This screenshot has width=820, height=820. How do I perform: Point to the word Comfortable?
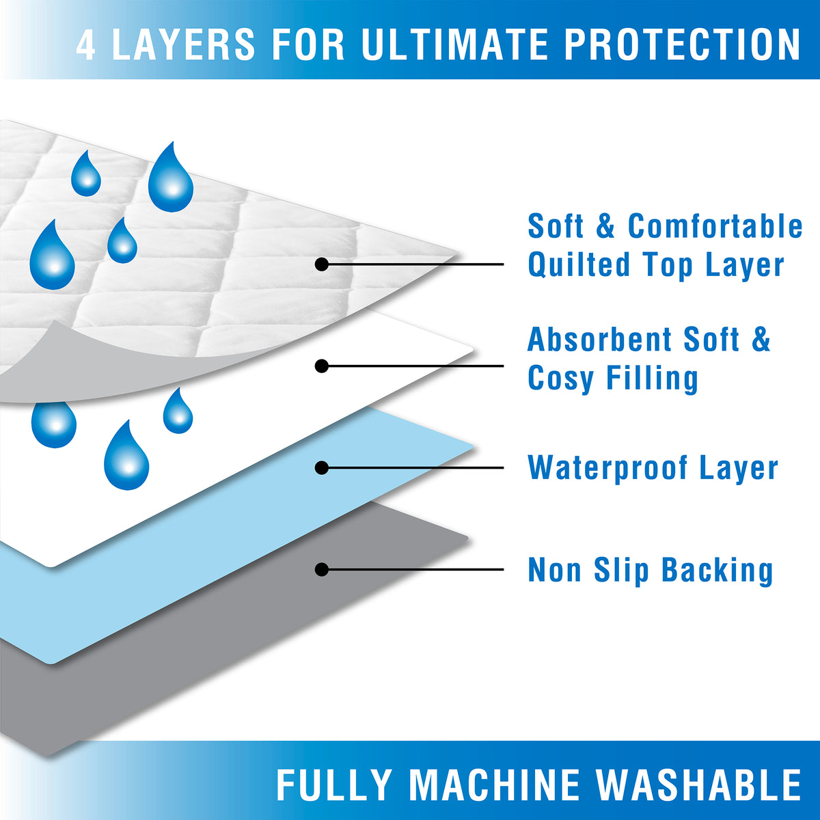[715, 226]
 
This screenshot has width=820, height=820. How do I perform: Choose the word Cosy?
[561, 379]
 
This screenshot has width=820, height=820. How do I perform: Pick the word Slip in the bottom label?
[621, 570]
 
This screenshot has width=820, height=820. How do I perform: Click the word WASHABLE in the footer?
[698, 785]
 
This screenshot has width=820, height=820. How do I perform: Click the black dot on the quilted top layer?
[322, 264]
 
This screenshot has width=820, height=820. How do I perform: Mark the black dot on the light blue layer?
[322, 467]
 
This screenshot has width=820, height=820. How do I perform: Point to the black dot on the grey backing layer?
[322, 569]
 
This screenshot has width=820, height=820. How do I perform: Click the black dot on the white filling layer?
[322, 366]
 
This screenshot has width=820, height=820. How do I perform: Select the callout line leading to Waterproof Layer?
[413, 467]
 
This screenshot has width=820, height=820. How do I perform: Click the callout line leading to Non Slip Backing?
[413, 569]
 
